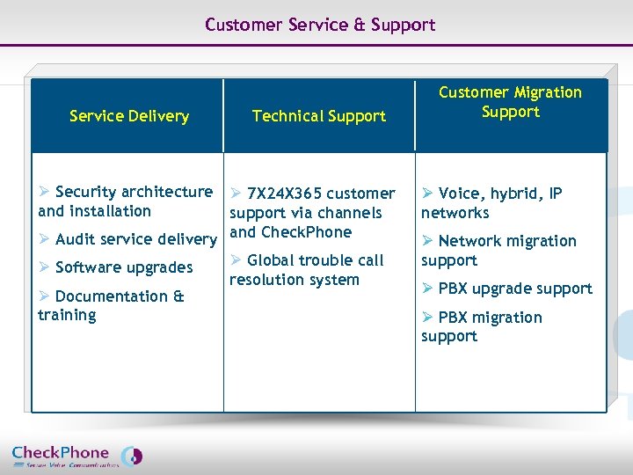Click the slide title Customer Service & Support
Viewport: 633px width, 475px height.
tap(320, 25)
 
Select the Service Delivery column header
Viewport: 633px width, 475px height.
tap(129, 116)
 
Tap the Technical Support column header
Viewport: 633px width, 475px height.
tap(318, 116)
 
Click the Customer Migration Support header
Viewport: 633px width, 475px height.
tap(510, 102)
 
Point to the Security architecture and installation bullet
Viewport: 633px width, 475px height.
tap(126, 201)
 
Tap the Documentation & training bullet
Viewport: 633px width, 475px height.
tap(111, 305)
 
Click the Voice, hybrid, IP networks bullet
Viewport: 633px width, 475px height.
tap(491, 203)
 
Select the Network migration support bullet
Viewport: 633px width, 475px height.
tap(498, 251)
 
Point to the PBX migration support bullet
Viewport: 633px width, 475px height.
tap(482, 326)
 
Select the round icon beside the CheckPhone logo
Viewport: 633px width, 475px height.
tap(131, 456)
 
